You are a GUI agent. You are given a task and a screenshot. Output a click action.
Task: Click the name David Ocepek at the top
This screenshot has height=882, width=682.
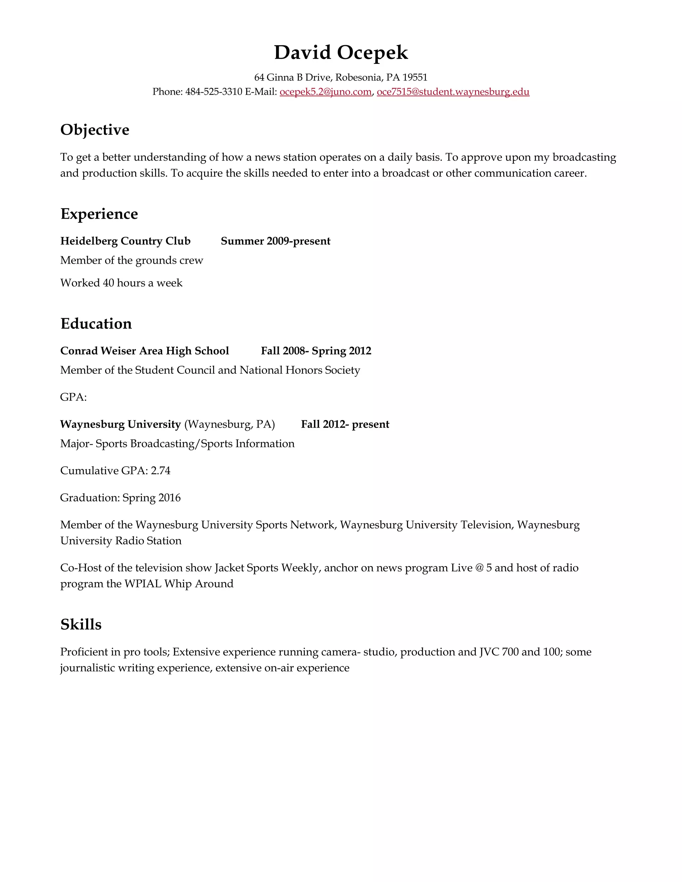coord(341,53)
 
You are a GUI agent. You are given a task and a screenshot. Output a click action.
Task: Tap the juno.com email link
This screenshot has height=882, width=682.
coord(325,92)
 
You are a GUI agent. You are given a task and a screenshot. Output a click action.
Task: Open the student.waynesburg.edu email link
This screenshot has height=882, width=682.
coord(453,92)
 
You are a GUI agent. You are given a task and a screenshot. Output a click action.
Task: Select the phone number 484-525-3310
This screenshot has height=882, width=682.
coord(213,92)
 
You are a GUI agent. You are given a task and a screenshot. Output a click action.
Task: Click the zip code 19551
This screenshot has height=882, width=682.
coord(415,77)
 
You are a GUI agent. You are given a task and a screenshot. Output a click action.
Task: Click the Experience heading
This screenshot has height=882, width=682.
coord(99,214)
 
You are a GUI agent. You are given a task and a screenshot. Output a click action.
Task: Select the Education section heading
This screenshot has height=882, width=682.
coord(96,324)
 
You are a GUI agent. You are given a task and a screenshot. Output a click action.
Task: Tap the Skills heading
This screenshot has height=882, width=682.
coord(81,625)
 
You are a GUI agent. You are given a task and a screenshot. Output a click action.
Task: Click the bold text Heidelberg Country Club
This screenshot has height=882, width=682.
coord(125,241)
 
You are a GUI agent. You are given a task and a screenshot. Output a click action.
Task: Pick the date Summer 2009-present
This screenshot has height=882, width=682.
coord(275,241)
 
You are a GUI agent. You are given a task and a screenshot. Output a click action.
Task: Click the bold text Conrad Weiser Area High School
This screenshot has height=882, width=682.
coord(145,351)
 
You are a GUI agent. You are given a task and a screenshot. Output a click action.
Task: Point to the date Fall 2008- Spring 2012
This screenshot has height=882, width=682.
coord(316,351)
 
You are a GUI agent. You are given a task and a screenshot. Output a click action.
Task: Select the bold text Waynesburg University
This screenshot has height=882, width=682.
coord(121,424)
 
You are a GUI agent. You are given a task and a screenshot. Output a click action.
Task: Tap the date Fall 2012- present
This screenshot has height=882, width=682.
coord(345,424)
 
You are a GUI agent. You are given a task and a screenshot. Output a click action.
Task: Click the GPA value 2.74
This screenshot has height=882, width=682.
coord(161,471)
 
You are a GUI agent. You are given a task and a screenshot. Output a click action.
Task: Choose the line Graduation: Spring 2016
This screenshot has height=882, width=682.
coord(121,498)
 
